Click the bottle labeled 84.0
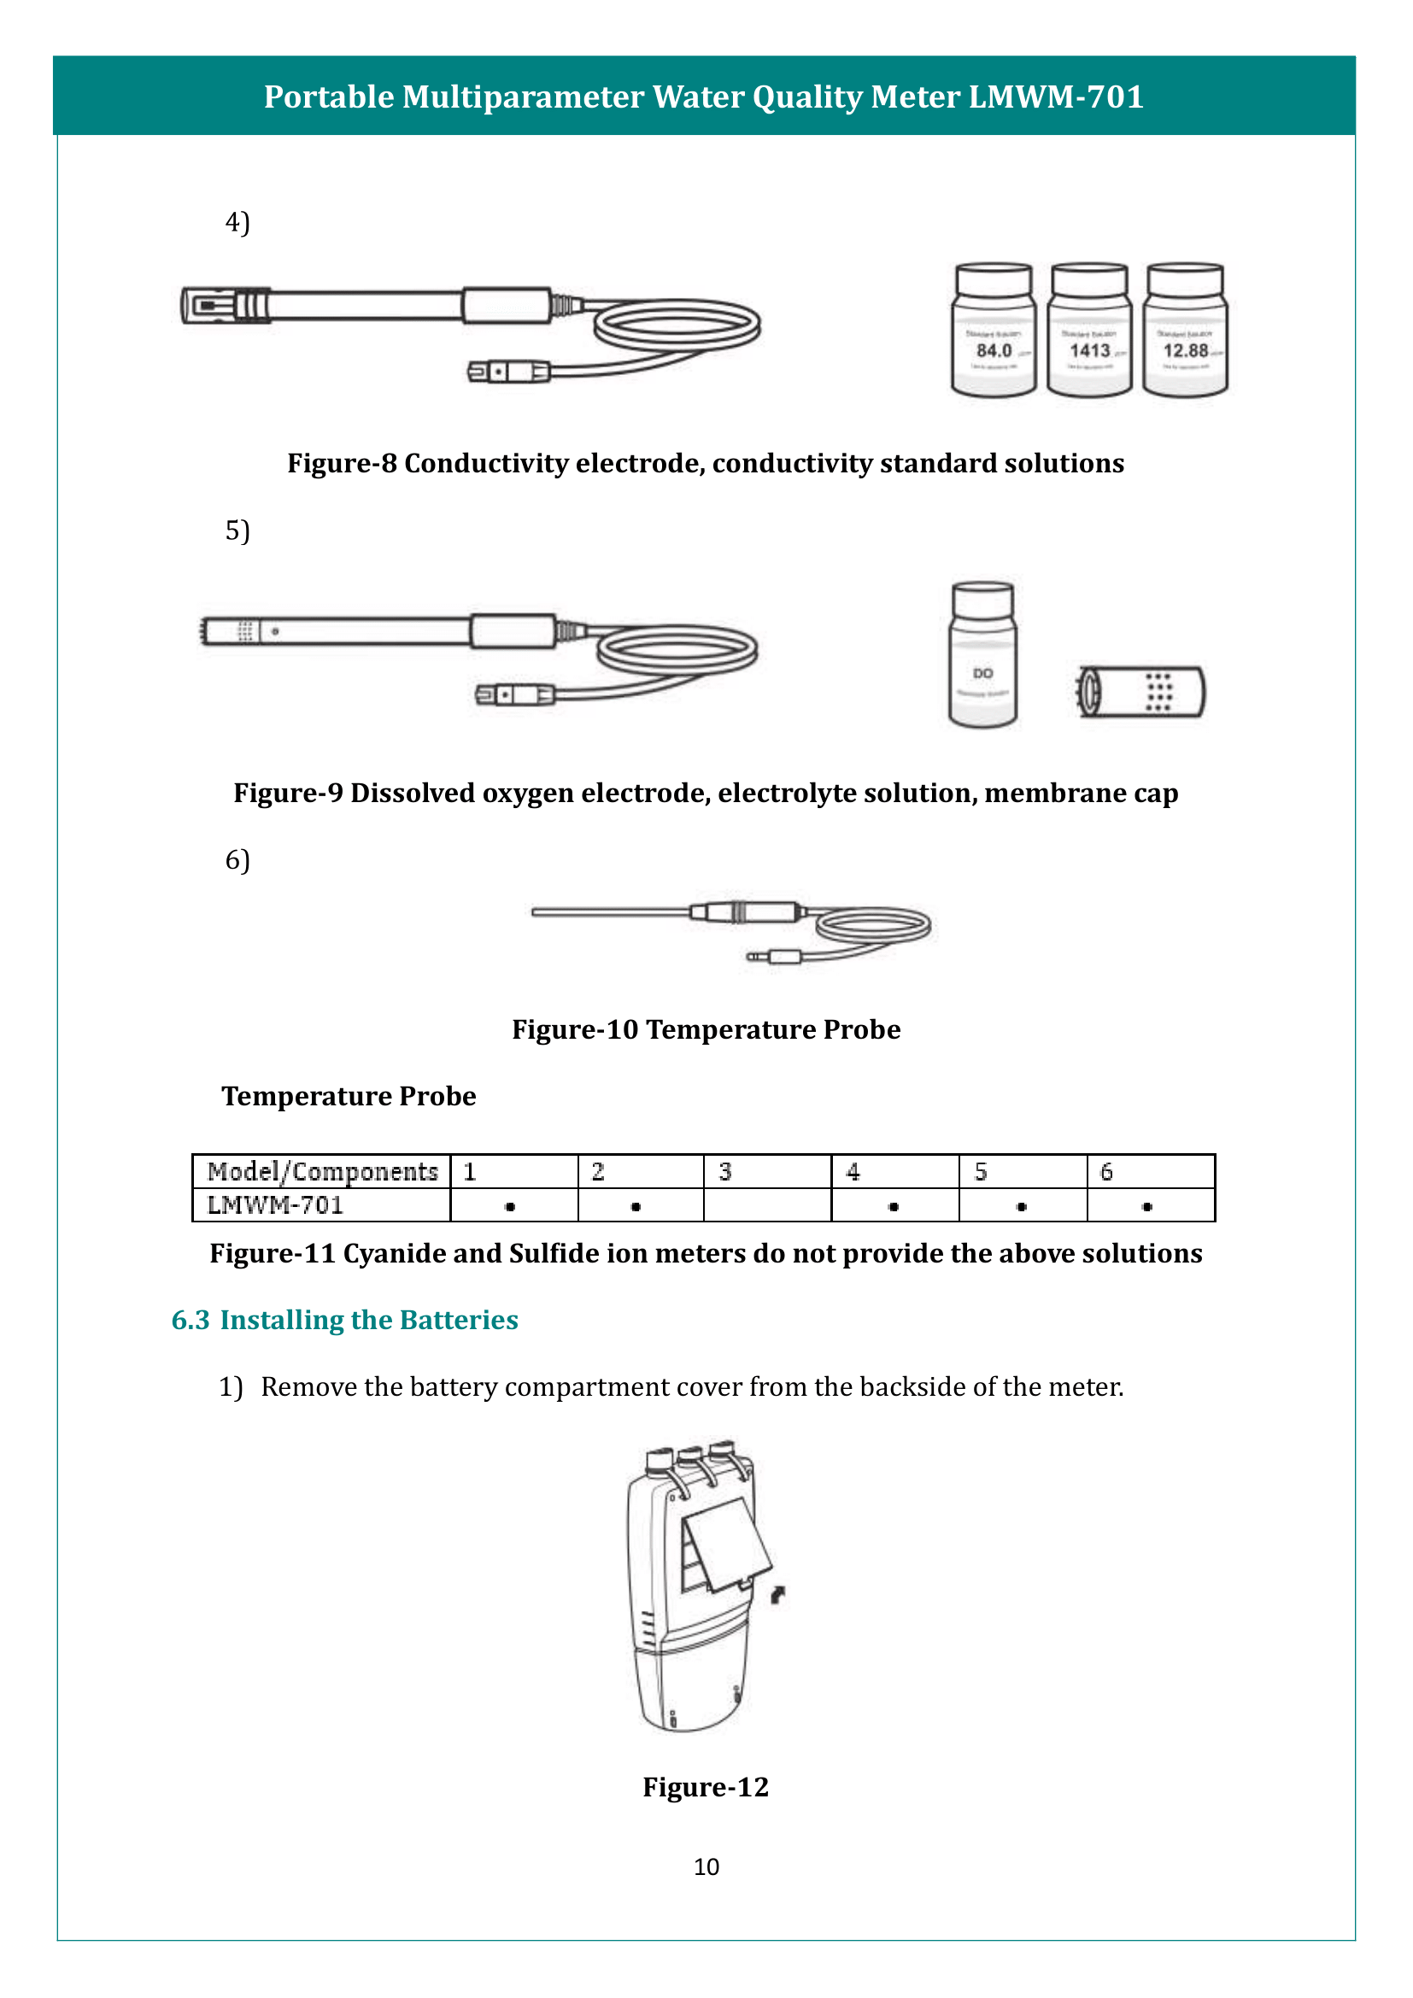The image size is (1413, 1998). point(994,331)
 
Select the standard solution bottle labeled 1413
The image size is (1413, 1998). point(1089,331)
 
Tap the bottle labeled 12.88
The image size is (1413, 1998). point(1185,331)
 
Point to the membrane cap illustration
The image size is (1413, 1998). point(1140,692)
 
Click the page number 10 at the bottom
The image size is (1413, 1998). point(706,1866)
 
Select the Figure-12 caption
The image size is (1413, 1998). point(706,1786)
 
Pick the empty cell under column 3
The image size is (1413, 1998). point(766,1205)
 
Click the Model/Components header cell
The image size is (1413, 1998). point(322,1171)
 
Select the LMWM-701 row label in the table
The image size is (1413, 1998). point(276,1205)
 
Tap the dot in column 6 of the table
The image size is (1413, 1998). point(1147,1206)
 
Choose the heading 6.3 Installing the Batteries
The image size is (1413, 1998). point(344,1320)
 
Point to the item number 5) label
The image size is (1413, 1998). point(237,530)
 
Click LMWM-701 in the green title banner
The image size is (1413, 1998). point(1055,97)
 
